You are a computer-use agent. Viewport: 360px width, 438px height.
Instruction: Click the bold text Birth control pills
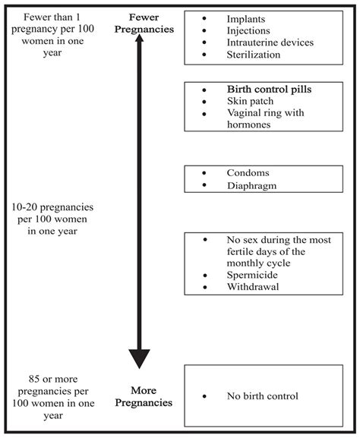coord(269,90)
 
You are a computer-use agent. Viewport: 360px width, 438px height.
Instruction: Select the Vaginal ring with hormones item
coord(265,118)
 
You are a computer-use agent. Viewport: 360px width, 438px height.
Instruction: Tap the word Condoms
coord(248,172)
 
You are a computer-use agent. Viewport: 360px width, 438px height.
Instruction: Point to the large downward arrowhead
coord(139,357)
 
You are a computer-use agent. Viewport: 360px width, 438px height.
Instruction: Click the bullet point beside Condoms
coord(204,172)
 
